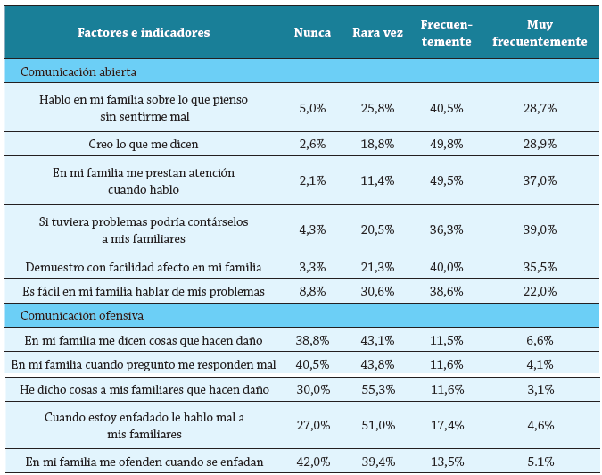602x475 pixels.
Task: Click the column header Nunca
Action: [x=312, y=33]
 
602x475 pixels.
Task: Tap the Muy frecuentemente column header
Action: [x=540, y=33]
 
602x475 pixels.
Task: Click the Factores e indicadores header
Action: [x=144, y=33]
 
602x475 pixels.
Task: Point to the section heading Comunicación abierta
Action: [x=78, y=71]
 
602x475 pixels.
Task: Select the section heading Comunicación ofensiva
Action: [x=82, y=315]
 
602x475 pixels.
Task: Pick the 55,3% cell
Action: [x=375, y=390]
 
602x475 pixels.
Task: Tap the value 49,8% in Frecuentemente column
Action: [x=446, y=144]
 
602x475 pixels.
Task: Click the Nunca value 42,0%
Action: [x=312, y=461]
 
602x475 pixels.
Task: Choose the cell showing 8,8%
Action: [x=312, y=291]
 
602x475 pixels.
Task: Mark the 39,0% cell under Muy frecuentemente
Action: [x=540, y=229]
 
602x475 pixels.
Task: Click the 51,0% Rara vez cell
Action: [x=375, y=426]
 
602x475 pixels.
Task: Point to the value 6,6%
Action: [x=540, y=340]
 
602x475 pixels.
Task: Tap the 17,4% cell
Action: [x=446, y=426]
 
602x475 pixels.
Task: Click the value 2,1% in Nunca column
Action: [x=312, y=180]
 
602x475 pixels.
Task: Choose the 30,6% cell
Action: [x=375, y=291]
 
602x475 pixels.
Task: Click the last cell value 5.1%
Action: [x=540, y=461]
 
